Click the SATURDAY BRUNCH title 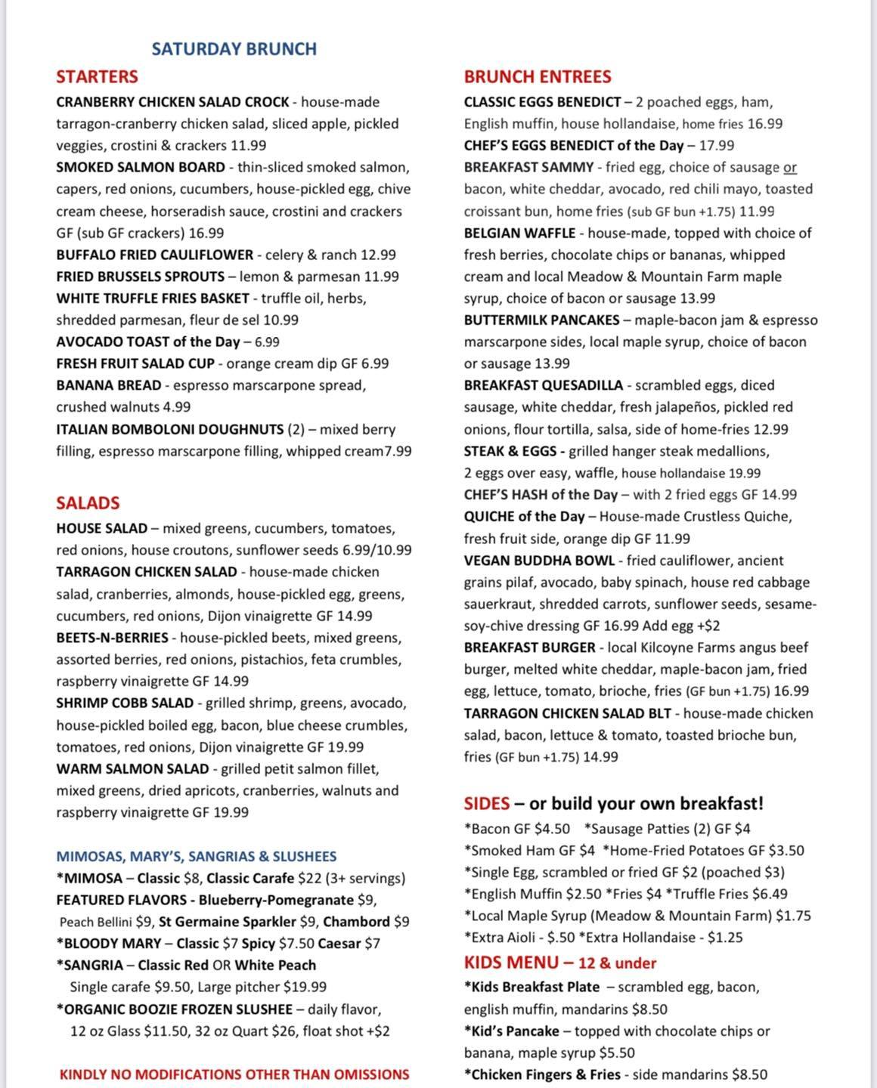[234, 49]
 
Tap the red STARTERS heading [97, 77]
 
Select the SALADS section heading [88, 503]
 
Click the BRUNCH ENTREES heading [538, 77]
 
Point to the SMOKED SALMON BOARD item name [141, 168]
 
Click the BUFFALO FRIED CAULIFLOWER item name [154, 255]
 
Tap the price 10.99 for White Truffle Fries [280, 320]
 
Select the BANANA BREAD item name [108, 385]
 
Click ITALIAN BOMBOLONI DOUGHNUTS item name [169, 430]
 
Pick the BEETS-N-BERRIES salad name [112, 638]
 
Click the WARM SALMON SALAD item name [132, 769]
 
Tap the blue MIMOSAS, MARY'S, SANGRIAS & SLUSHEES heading [197, 857]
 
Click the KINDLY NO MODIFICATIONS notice [234, 1074]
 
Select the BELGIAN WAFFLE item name [519, 233]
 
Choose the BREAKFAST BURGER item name [530, 648]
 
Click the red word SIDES [487, 803]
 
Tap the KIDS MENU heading [511, 963]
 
